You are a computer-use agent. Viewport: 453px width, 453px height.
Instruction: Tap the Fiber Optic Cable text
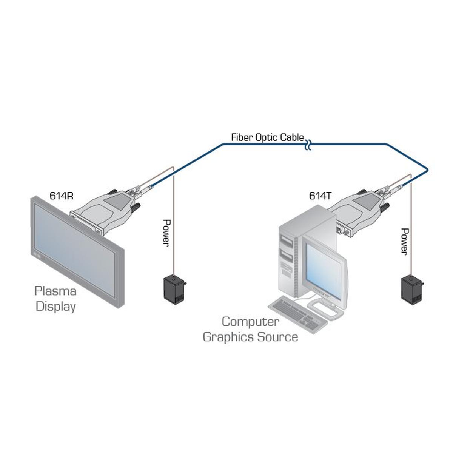pos(267,137)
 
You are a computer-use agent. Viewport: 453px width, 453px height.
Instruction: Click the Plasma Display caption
pos(55,298)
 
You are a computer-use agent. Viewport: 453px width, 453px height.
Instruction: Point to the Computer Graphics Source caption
pos(250,329)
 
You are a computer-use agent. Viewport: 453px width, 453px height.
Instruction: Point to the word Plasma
pos(55,291)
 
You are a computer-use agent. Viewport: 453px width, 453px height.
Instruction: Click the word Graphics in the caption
pos(228,337)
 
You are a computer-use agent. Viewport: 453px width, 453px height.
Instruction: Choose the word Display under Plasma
pos(55,306)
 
